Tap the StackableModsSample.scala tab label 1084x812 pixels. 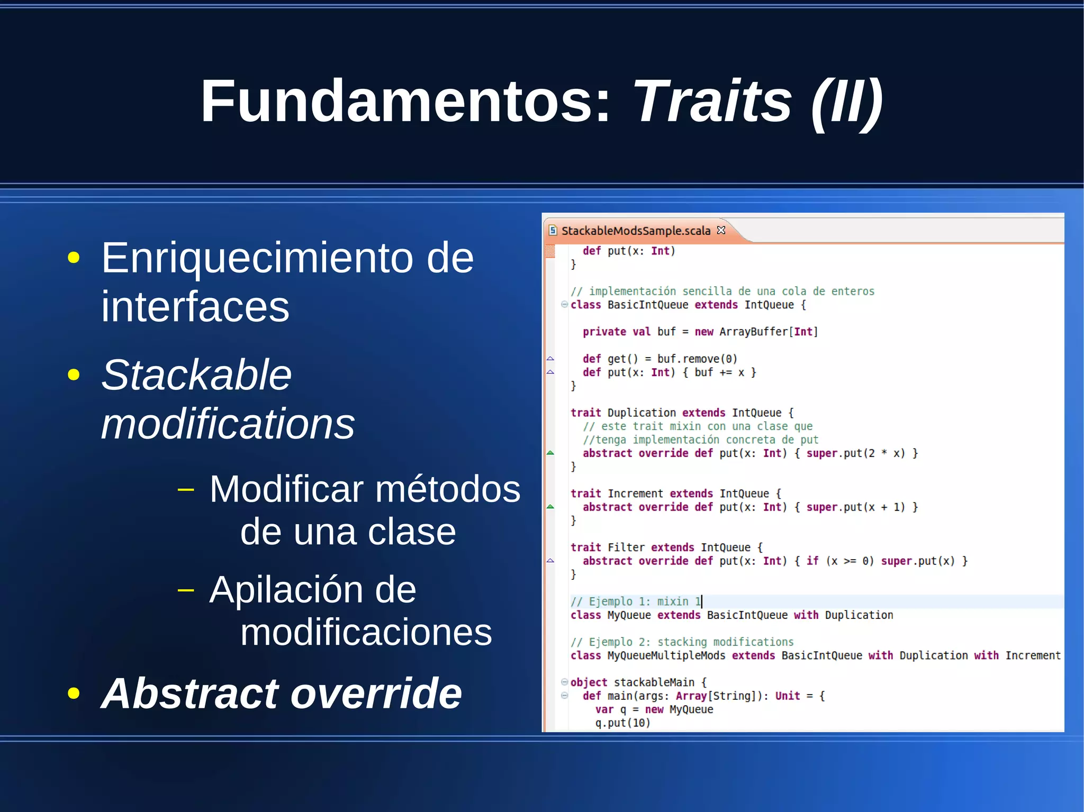[636, 231]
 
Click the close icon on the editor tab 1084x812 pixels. [721, 230]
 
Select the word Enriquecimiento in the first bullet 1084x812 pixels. [257, 258]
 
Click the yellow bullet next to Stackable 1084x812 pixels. [74, 375]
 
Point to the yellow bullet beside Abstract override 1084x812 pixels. [74, 694]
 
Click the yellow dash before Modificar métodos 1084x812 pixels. [186, 490]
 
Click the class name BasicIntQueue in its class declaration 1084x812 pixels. [648, 305]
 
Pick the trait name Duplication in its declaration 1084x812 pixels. [642, 413]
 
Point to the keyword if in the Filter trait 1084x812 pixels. [812, 561]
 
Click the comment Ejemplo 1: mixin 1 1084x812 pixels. [636, 602]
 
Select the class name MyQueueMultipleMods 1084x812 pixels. [666, 656]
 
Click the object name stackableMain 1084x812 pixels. [654, 683]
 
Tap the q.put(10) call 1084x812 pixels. [622, 723]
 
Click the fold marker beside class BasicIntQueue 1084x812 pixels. [564, 305]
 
